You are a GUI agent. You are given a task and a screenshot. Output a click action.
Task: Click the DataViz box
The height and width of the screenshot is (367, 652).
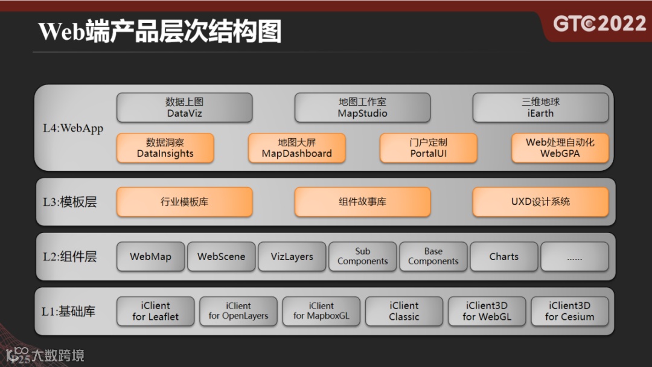click(184, 107)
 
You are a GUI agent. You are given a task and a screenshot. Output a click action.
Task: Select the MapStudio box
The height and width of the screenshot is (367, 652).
click(362, 107)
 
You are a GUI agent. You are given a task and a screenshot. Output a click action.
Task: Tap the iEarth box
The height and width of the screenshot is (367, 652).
click(540, 107)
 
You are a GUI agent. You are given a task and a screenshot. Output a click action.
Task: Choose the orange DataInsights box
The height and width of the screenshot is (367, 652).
click(165, 148)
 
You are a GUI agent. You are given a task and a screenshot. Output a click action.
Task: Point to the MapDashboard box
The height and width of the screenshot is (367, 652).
click(296, 148)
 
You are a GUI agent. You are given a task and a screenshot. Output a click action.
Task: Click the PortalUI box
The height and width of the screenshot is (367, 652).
click(428, 148)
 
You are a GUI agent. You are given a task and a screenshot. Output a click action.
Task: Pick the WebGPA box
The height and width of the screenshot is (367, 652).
click(560, 148)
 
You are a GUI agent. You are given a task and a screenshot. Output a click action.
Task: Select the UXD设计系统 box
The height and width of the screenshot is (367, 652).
click(540, 202)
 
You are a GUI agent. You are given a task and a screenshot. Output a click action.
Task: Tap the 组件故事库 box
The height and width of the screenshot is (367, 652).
click(362, 202)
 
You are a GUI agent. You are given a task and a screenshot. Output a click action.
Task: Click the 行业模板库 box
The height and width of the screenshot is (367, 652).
click(184, 202)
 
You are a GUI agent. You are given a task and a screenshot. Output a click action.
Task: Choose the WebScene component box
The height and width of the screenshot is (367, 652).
click(221, 257)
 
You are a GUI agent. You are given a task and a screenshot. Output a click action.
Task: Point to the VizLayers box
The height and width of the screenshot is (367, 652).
click(292, 257)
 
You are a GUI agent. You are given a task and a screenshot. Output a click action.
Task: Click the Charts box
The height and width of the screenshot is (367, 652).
click(503, 257)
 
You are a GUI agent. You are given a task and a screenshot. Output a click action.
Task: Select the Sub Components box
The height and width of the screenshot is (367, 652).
click(362, 257)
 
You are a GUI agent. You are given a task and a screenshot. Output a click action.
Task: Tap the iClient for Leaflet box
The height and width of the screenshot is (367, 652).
click(155, 311)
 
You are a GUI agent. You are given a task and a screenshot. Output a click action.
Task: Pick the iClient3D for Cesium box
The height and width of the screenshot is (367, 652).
click(569, 311)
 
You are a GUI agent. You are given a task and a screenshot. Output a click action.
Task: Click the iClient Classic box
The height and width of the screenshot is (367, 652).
click(404, 311)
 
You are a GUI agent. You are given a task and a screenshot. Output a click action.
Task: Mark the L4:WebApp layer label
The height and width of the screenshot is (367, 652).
click(73, 128)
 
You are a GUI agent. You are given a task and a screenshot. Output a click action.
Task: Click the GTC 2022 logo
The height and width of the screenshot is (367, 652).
click(599, 24)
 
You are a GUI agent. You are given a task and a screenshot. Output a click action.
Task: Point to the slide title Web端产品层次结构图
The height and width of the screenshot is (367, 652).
click(160, 31)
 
